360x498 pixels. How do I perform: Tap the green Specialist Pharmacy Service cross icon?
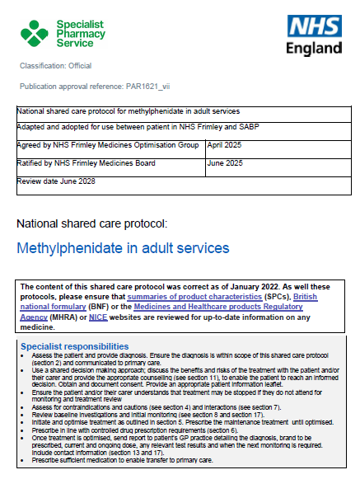pos(35,35)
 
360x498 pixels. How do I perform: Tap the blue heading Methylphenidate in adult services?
pos(123,247)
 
